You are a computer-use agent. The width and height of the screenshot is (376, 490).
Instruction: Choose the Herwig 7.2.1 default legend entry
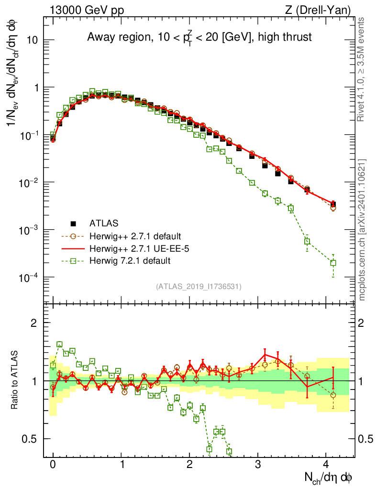point(129,261)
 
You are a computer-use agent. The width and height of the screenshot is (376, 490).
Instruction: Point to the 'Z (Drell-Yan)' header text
point(325,10)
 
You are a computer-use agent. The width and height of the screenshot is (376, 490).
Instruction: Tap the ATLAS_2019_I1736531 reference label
point(199,287)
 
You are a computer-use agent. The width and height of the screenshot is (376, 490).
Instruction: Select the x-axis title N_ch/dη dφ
point(329,477)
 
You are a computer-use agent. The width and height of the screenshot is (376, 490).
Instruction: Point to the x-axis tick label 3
point(259,464)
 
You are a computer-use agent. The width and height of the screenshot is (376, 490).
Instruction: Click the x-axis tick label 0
point(53,464)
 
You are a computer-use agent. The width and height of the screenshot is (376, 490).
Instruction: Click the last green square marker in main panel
point(333,263)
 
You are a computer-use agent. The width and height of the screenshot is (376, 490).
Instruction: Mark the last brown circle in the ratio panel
point(333,395)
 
